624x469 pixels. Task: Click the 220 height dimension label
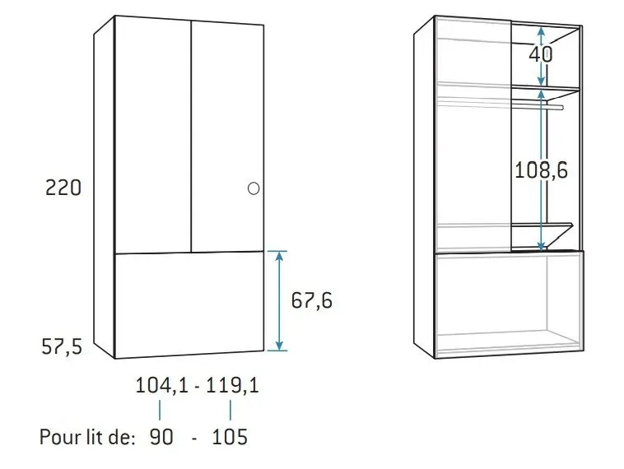(x=63, y=188)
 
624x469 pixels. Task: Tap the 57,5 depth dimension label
(x=63, y=347)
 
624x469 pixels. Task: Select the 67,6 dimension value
(x=312, y=301)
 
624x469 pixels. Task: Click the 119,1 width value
(x=232, y=385)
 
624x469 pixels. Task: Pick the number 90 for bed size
(x=161, y=437)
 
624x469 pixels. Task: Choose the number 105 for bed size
(x=230, y=437)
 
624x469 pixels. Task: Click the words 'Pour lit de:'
(x=87, y=437)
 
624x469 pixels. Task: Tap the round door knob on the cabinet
(x=254, y=188)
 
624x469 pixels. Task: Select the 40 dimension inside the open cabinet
(x=541, y=54)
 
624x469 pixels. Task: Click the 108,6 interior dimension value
(x=541, y=170)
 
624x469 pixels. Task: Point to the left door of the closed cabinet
(x=153, y=136)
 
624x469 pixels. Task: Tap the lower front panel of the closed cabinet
(x=189, y=304)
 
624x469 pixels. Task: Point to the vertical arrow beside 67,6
(x=280, y=301)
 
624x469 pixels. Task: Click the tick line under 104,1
(x=161, y=410)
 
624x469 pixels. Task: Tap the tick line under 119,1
(x=230, y=410)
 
